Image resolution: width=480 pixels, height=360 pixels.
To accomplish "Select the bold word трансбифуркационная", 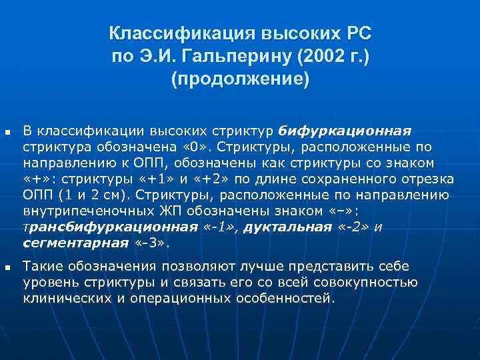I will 110,227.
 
